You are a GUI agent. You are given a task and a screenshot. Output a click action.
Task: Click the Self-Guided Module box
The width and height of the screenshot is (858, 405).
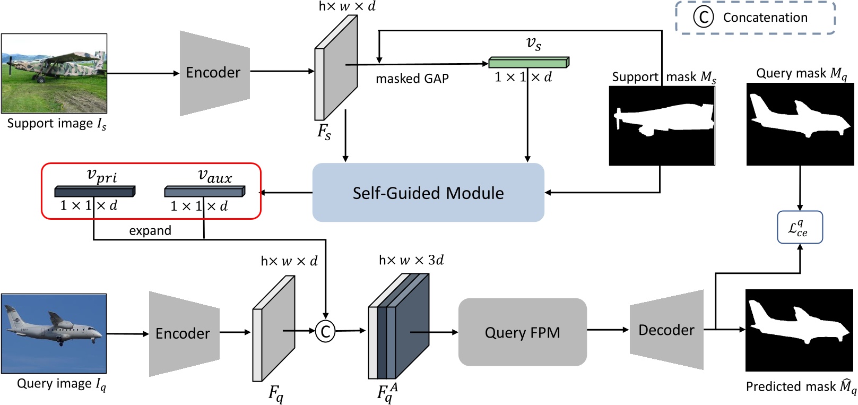click(428, 192)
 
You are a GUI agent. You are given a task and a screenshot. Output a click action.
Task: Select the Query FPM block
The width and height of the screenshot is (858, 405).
click(522, 332)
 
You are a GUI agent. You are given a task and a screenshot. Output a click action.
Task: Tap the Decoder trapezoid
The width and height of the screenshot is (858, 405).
click(666, 330)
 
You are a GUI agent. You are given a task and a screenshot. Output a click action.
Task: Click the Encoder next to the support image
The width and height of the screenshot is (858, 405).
click(214, 73)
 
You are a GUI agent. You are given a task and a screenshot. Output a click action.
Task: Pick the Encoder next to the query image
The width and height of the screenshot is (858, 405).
click(184, 333)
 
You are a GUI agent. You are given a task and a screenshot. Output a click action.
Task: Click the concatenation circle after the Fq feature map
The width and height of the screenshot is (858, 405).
click(325, 332)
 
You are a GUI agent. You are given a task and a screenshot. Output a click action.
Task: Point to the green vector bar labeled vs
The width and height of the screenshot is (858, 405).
click(528, 62)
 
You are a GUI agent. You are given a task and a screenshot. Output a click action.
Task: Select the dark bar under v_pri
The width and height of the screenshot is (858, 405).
click(94, 191)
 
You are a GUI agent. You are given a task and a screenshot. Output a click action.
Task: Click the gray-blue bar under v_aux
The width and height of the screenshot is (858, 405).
click(204, 191)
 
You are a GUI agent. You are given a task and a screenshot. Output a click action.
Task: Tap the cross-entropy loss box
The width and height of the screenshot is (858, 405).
click(800, 228)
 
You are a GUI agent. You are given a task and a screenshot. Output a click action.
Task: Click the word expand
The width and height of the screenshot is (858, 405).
click(150, 230)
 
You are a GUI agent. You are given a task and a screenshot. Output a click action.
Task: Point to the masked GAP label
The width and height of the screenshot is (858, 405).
click(412, 79)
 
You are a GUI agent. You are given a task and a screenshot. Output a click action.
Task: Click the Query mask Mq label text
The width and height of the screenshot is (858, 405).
click(801, 73)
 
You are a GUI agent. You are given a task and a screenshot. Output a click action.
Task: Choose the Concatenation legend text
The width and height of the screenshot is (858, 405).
click(765, 18)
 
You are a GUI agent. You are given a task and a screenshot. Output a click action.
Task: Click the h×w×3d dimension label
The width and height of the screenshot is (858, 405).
click(411, 260)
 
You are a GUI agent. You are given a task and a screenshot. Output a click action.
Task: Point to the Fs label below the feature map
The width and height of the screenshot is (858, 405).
click(324, 131)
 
